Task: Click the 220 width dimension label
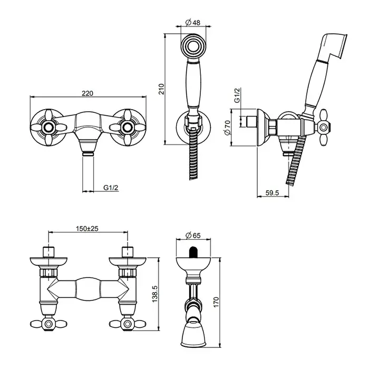tap(88, 93)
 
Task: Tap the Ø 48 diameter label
tap(193, 23)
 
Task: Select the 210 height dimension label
tap(161, 89)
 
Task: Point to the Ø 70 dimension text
tap(227, 128)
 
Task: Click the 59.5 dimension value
tap(272, 193)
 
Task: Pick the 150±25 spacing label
tap(87, 228)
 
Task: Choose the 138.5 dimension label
tap(155, 294)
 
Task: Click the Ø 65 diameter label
tap(193, 235)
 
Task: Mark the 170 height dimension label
tap(216, 302)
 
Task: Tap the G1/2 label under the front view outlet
tap(111, 188)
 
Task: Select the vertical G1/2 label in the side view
tap(237, 95)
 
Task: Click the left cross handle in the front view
tap(48, 128)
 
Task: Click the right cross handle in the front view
tap(128, 128)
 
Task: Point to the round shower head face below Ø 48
tap(193, 46)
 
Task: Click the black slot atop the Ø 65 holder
tap(193, 252)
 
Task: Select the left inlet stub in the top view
tap(48, 252)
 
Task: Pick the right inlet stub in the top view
tap(128, 252)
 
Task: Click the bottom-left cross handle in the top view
tap(48, 324)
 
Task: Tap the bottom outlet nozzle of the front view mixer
tap(88, 147)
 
